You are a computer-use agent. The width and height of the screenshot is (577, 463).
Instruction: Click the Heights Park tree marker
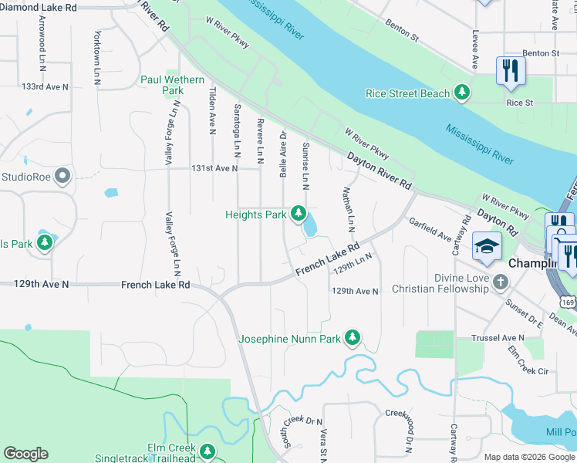click(x=298, y=214)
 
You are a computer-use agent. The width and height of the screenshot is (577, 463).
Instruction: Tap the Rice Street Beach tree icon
click(x=461, y=93)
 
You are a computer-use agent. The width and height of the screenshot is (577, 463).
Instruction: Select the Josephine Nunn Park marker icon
click(x=353, y=338)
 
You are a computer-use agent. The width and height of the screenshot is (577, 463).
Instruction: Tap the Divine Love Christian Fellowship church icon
click(x=500, y=282)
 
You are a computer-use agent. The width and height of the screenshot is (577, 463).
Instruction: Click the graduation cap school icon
click(x=487, y=247)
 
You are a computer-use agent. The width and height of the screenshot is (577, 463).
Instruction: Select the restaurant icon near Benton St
click(x=510, y=71)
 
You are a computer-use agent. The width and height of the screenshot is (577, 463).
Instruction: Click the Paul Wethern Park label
click(x=172, y=85)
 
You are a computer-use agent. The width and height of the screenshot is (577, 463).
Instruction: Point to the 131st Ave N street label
click(x=214, y=168)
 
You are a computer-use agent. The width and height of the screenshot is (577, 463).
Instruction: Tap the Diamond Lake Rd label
click(x=39, y=7)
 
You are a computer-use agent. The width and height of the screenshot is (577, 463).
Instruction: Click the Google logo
click(x=25, y=454)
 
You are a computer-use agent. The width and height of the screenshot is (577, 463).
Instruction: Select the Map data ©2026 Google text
click(x=528, y=457)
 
